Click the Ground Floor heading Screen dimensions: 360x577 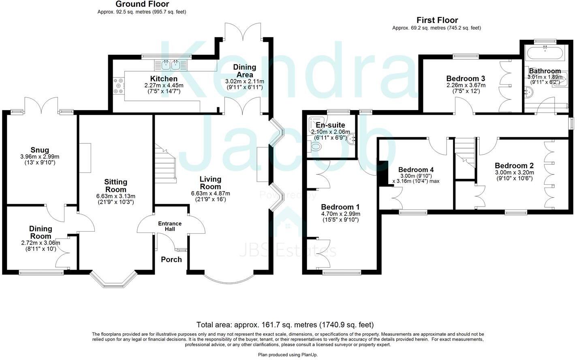pyautogui.click(x=142, y=4)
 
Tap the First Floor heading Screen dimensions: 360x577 pyautogui.click(x=437, y=20)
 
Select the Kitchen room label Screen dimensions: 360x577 pyautogui.click(x=164, y=79)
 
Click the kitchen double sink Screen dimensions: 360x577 pyautogui.click(x=171, y=64)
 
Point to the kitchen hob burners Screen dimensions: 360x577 pyautogui.click(x=119, y=86)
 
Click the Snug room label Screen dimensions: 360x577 pyautogui.click(x=40, y=150)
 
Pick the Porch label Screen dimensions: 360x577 pyautogui.click(x=171, y=260)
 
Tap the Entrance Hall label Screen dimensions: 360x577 pyautogui.click(x=170, y=226)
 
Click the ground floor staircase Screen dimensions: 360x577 pyautogui.click(x=166, y=164)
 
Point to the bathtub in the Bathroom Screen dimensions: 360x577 pyautogui.click(x=544, y=53)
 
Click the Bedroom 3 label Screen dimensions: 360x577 pyautogui.click(x=466, y=79)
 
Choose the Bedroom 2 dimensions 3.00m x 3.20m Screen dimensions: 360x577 pyautogui.click(x=514, y=172)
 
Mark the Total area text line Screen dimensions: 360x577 pyautogui.click(x=285, y=325)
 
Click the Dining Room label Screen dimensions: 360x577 pyautogui.click(x=41, y=232)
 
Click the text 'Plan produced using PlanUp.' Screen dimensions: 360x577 pyautogui.click(x=288, y=355)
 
